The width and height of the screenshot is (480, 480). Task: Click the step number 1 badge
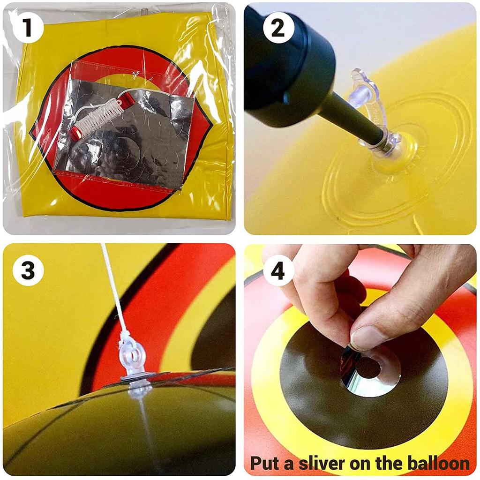tap(28, 28)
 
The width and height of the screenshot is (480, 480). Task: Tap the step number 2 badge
tap(278, 28)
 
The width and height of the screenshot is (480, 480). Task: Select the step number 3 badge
tap(28, 270)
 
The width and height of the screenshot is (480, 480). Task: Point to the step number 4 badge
tap(278, 270)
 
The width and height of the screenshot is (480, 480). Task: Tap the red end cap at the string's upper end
tap(126, 97)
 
